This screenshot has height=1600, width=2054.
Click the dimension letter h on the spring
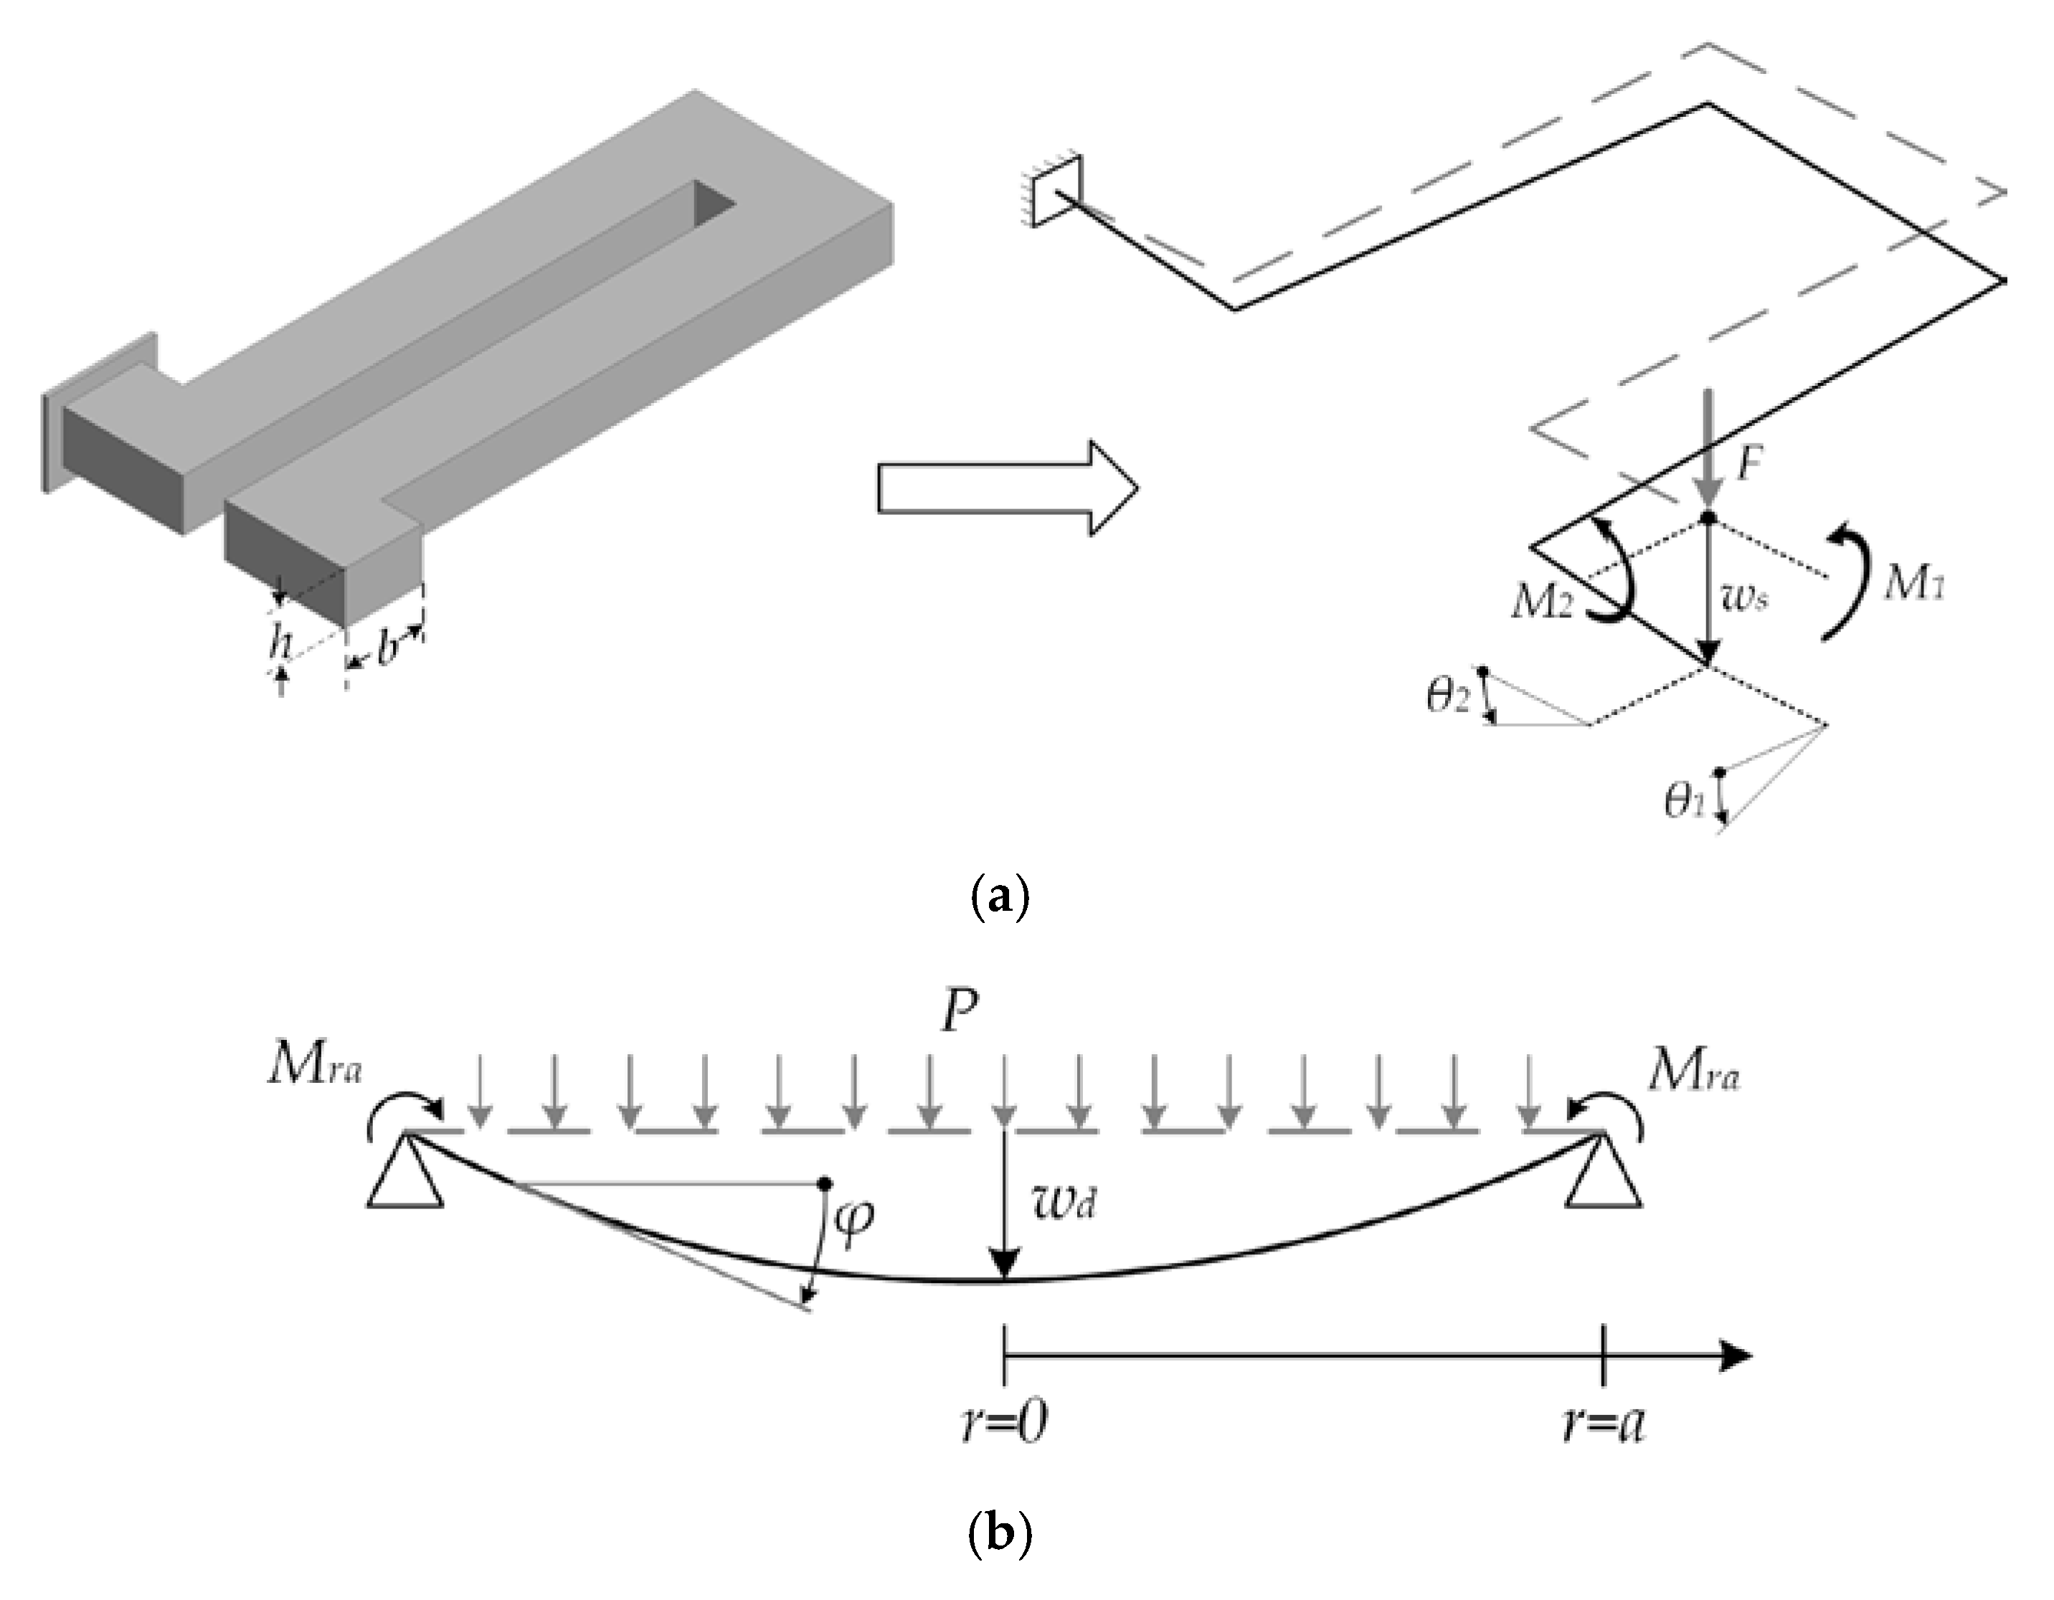279,644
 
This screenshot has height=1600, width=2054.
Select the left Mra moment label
314,1069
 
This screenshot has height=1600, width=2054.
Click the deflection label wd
1064,1203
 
